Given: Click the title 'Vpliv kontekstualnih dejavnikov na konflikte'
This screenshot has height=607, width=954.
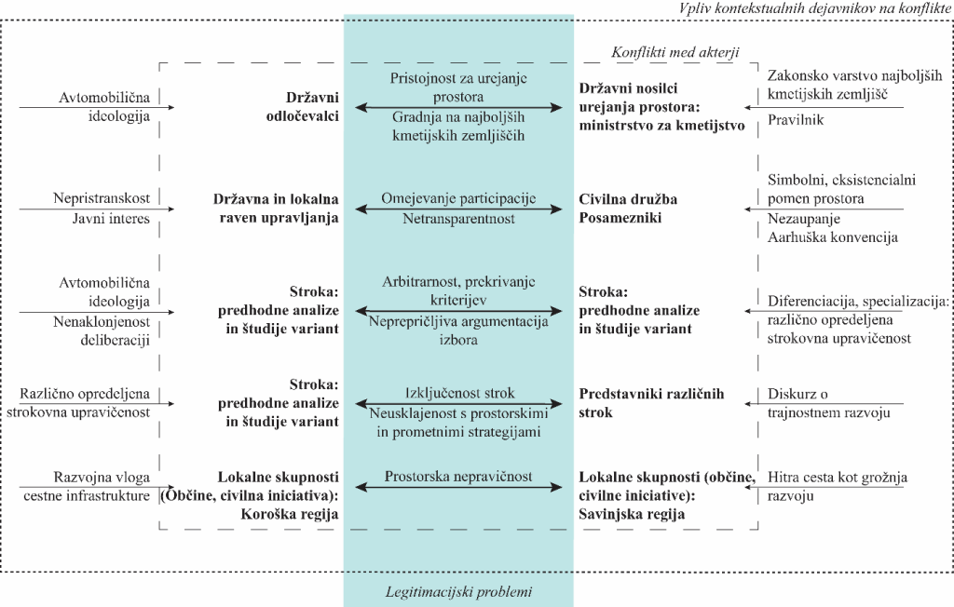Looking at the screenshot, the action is point(814,8).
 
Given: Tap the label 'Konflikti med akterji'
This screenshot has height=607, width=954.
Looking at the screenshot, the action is point(675,52).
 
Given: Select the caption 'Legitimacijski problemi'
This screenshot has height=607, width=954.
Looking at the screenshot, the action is point(458,592).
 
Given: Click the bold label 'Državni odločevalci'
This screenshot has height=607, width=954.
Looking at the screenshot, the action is point(303,107).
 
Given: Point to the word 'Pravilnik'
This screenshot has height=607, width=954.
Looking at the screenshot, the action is point(796,120).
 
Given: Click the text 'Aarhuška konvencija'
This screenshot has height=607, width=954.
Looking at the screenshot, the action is point(832,237).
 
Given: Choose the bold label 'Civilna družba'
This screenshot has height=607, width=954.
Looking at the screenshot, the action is point(628,199).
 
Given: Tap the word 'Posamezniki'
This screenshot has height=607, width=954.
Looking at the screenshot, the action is point(620,218).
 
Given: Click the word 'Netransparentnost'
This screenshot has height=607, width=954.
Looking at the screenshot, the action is point(458,219).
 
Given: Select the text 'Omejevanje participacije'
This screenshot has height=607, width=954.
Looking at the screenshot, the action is point(458,198).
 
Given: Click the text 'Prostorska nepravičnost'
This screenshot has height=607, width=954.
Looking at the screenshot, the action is point(458,477).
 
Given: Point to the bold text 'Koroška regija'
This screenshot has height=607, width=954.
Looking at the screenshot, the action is point(290,514).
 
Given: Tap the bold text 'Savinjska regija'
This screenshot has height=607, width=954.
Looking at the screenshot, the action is point(632,514).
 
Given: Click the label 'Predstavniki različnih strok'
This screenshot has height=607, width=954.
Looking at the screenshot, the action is point(651,402).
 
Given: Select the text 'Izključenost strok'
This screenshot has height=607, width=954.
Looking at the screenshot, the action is point(459,393).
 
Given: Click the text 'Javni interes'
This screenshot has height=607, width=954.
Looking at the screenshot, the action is point(111,219).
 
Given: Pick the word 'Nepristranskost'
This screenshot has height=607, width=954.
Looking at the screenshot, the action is point(101,198).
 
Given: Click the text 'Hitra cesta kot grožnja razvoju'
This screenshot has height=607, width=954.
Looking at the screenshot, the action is point(838,487).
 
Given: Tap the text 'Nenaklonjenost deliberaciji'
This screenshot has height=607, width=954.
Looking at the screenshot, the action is point(101,330).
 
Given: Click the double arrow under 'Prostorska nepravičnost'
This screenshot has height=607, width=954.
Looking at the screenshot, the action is point(458,487).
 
